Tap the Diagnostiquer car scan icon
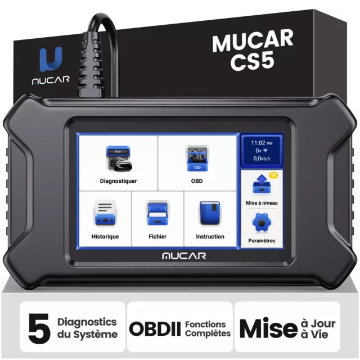pyautogui.click(x=119, y=159)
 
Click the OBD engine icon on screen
pyautogui.click(x=197, y=158)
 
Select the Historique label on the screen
pyautogui.click(x=105, y=236)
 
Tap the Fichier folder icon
pyautogui.click(x=157, y=214)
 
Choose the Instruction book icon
pyautogui.click(x=210, y=213)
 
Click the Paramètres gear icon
pyautogui.click(x=262, y=223)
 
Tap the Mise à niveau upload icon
pyautogui.click(x=262, y=184)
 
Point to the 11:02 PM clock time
pyautogui.click(x=262, y=143)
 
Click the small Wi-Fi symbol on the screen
pyautogui.click(x=265, y=150)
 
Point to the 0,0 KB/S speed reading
pyautogui.click(x=262, y=159)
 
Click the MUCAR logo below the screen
pyautogui.click(x=184, y=256)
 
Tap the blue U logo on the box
pyautogui.click(x=51, y=59)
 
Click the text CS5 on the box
pyautogui.click(x=253, y=61)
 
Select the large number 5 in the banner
pyautogui.click(x=39, y=328)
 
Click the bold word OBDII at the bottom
pyautogui.click(x=155, y=329)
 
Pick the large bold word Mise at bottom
pyautogui.click(x=269, y=328)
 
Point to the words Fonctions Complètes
pyautogui.click(x=208, y=328)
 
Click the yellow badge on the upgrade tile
pyautogui.click(x=273, y=175)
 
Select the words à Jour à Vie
pyautogui.click(x=318, y=328)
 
